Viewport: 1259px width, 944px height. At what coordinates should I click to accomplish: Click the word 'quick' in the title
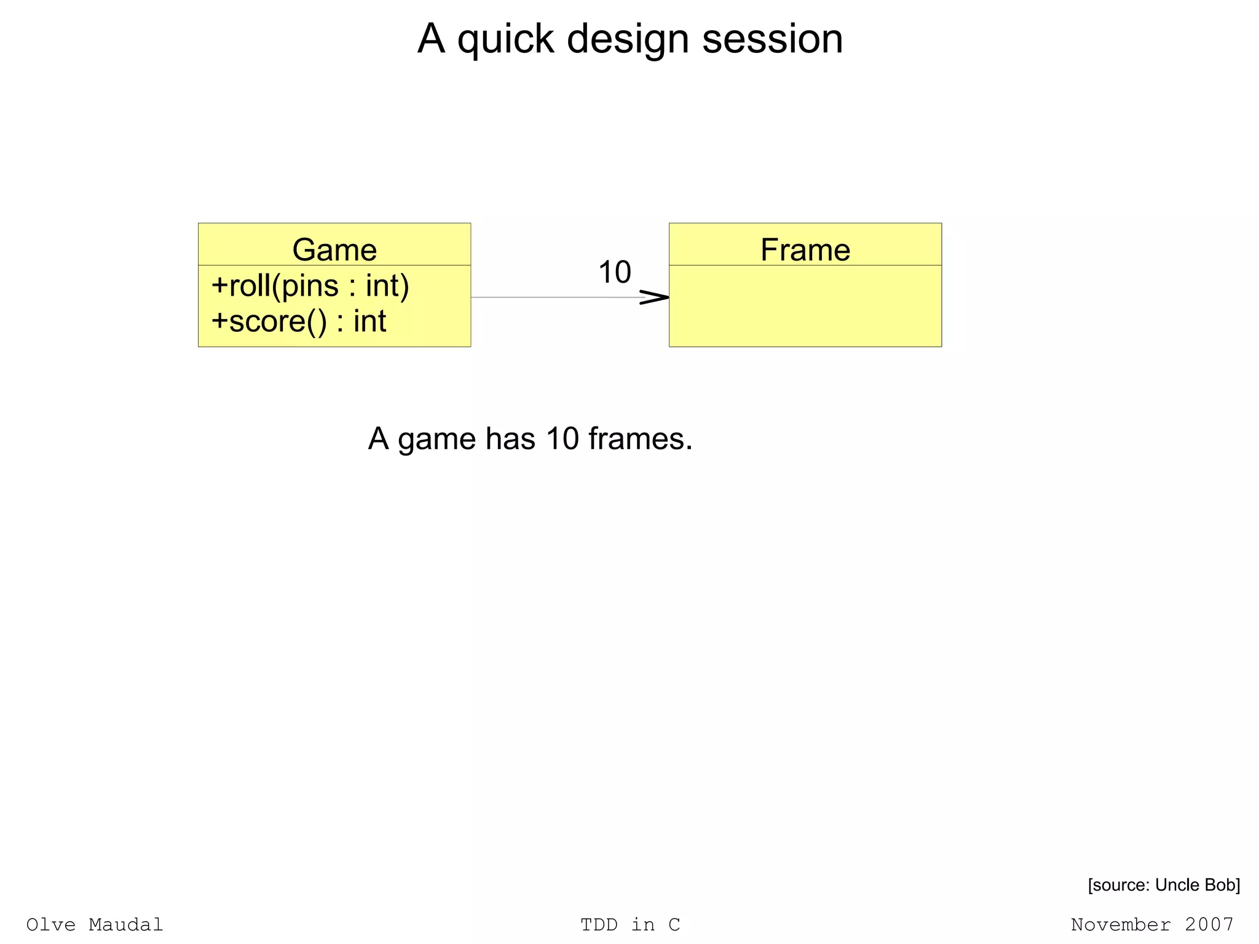pyautogui.click(x=505, y=39)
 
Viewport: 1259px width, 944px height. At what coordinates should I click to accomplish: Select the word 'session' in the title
pyautogui.click(x=772, y=39)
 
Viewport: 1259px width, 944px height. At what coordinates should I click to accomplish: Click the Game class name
pyautogui.click(x=334, y=250)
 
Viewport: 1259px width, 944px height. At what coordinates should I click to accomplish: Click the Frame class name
pyautogui.click(x=805, y=250)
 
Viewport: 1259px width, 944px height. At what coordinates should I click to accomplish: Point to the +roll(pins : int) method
pyautogui.click(x=310, y=286)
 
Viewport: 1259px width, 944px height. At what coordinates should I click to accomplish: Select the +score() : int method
pyautogui.click(x=299, y=321)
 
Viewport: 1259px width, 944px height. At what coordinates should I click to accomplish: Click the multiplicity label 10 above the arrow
pyautogui.click(x=614, y=272)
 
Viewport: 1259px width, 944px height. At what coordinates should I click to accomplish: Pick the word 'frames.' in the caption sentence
pyautogui.click(x=640, y=439)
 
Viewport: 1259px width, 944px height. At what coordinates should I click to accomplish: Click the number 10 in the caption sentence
pyautogui.click(x=562, y=439)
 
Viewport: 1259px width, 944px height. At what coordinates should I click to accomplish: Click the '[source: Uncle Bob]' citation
pyautogui.click(x=1164, y=885)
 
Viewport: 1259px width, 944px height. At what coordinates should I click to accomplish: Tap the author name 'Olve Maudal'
pyautogui.click(x=95, y=925)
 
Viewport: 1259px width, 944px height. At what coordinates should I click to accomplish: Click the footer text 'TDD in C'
pyautogui.click(x=630, y=925)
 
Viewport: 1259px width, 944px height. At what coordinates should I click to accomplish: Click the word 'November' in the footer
pyautogui.click(x=1121, y=925)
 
